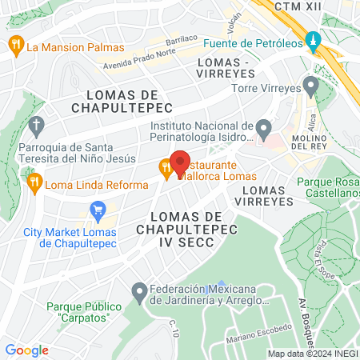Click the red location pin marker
[x=180, y=163]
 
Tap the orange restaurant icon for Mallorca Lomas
[x=165, y=168]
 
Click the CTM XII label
[x=298, y=6]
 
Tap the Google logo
[x=26, y=350]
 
